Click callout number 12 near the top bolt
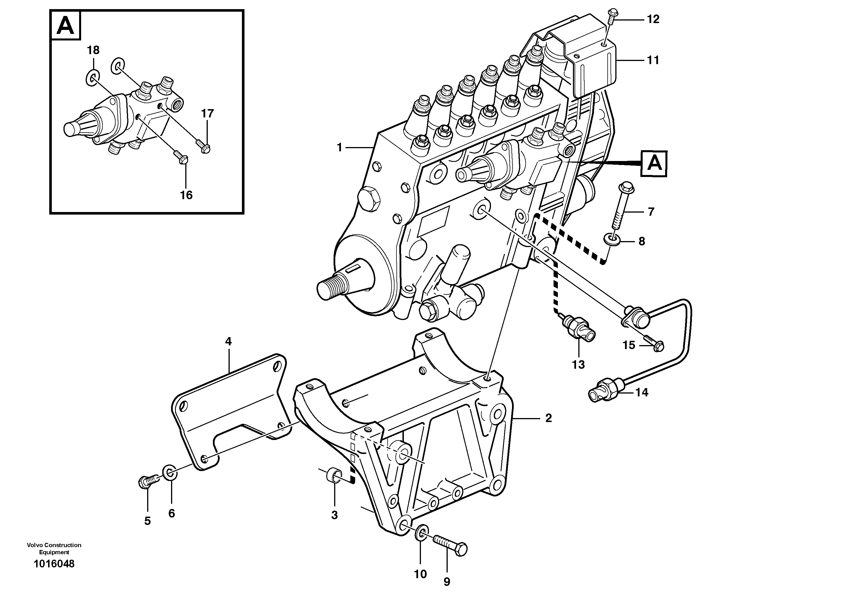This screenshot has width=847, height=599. pos(653,19)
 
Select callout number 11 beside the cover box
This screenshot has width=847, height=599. pos(653,60)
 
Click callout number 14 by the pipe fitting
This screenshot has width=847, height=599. pos(642,393)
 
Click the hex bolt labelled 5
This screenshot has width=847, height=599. pos(148,482)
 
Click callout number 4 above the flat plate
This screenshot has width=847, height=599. pos(228,342)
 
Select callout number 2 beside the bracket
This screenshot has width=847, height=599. pos(548,418)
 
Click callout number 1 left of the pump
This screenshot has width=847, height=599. pos(339,148)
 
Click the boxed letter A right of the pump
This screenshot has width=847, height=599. pos(654,163)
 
